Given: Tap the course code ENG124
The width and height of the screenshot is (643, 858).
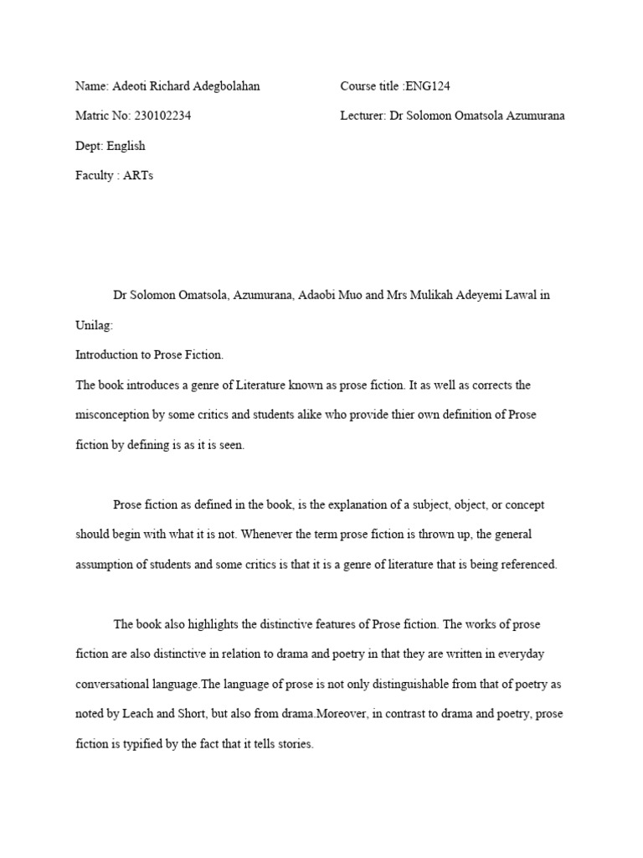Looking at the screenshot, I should pyautogui.click(x=428, y=86).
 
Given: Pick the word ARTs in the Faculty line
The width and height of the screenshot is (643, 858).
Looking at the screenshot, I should pyautogui.click(x=138, y=175).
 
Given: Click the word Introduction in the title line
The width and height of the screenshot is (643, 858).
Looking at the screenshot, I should pyautogui.click(x=108, y=354).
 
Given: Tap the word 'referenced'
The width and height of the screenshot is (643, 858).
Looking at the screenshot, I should pyautogui.click(x=528, y=565).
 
